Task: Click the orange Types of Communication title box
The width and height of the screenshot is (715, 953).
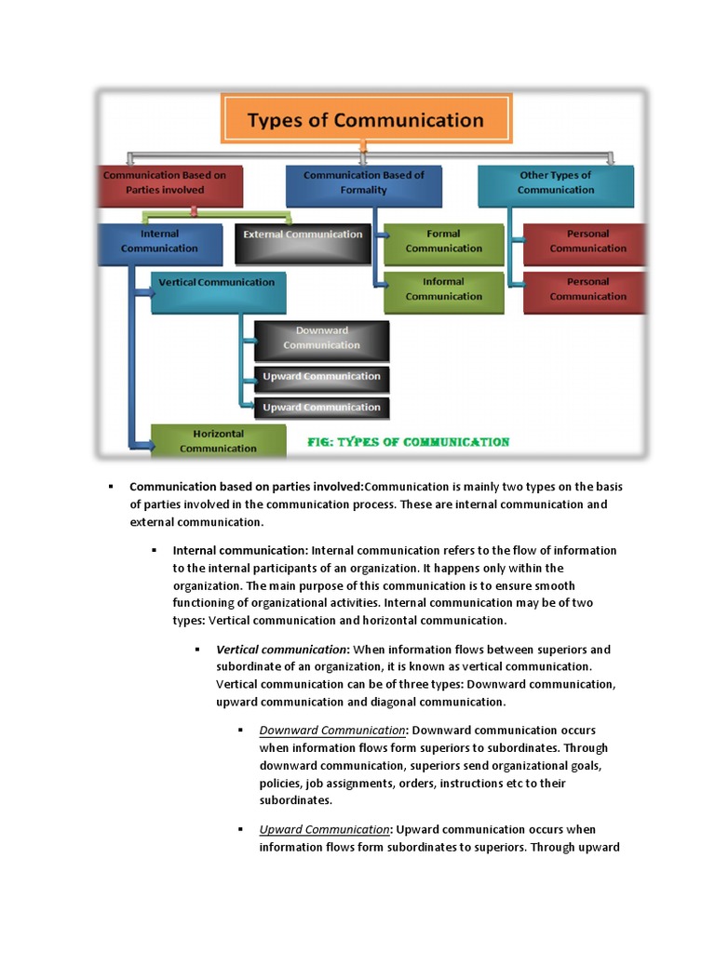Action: pos(365,119)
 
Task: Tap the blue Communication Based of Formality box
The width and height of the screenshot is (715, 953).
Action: pos(363,183)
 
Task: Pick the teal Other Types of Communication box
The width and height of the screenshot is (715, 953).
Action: pos(555,183)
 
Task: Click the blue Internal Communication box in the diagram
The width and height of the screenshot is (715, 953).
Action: pos(160,243)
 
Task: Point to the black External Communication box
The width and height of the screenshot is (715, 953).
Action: pos(303,236)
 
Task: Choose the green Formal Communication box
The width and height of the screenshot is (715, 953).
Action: pos(443,243)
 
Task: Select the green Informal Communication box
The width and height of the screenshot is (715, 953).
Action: pos(443,289)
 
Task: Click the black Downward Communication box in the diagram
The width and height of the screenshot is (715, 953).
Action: pos(321,339)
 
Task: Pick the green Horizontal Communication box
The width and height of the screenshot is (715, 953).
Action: pos(218,441)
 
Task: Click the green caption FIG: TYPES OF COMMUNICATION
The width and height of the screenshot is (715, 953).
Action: pos(409,442)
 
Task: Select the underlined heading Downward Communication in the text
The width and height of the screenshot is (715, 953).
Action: pos(332,730)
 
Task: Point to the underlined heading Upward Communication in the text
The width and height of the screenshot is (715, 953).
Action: pos(324,829)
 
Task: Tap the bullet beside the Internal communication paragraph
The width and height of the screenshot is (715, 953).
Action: pos(154,551)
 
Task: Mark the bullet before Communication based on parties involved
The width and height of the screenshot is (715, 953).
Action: pos(110,487)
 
